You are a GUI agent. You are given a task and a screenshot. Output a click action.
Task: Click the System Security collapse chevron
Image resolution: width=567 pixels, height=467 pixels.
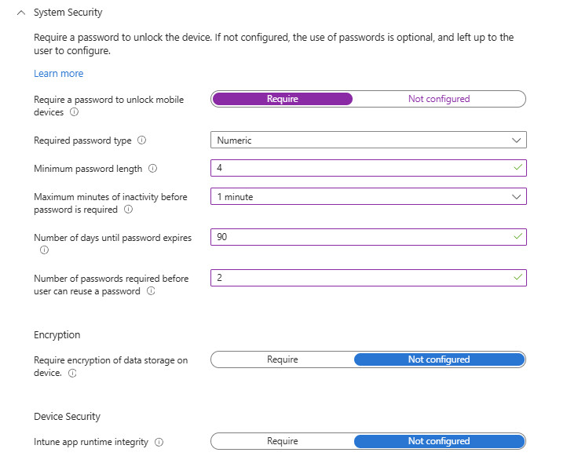[x=21, y=13]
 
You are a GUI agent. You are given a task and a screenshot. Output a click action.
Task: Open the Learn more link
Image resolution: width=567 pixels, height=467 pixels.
[x=58, y=73]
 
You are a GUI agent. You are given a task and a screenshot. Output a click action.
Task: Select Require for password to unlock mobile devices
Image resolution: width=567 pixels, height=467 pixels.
[x=283, y=99]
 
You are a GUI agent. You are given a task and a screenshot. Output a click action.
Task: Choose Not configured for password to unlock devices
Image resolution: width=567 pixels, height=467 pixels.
[x=438, y=99]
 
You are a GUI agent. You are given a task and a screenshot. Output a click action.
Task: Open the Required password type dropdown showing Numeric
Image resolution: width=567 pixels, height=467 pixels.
[x=368, y=140]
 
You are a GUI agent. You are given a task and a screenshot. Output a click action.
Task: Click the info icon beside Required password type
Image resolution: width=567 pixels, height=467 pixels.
[x=142, y=140]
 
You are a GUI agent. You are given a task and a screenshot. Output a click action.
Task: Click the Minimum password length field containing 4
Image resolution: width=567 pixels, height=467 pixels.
[x=361, y=168]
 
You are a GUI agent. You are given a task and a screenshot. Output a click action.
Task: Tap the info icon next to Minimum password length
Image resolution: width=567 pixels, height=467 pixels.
[x=152, y=169]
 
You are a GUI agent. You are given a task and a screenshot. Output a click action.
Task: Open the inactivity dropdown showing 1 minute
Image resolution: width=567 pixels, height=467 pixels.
[x=368, y=196]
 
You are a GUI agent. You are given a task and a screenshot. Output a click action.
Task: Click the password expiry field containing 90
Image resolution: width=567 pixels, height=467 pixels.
[x=361, y=236]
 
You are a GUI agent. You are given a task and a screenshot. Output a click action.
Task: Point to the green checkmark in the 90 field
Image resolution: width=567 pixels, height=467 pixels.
[x=517, y=236]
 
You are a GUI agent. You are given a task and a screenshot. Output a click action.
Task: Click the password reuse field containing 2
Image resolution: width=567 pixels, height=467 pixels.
[x=361, y=278]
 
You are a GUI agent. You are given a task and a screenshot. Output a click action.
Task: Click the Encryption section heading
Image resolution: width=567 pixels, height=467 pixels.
[x=57, y=334]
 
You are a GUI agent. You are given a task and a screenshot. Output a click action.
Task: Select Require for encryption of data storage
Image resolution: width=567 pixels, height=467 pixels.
[x=283, y=359]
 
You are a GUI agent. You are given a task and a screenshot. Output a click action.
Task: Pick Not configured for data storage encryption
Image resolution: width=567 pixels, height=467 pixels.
[x=438, y=359]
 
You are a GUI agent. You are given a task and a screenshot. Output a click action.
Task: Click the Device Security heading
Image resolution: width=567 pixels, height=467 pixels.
[x=68, y=416]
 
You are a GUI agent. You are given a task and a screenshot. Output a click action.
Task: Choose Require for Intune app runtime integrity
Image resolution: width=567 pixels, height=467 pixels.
[x=283, y=441]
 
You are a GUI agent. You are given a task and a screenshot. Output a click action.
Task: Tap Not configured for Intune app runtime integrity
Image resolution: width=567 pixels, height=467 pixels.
[x=438, y=441]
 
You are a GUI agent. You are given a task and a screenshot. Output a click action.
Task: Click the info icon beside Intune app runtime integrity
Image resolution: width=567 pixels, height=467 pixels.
[x=159, y=443]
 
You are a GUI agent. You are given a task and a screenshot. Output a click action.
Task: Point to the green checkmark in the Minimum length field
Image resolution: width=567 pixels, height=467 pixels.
[x=517, y=167]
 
